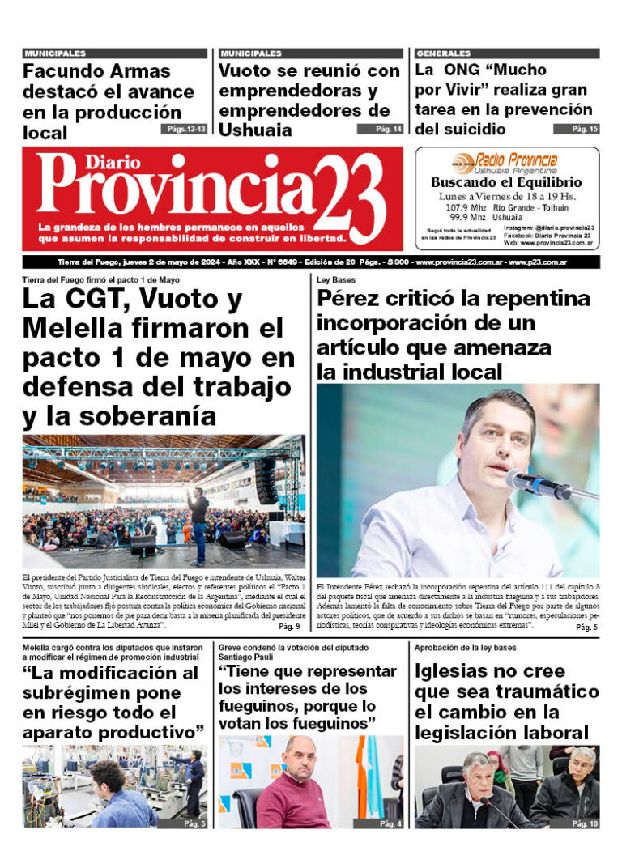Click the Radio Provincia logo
[x=506, y=161]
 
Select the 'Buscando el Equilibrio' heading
[x=506, y=183]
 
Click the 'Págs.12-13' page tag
[x=183, y=129]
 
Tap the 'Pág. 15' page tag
[x=576, y=129]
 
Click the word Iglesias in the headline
[x=459, y=671]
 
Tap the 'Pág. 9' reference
[x=289, y=626]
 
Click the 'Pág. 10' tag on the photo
[x=582, y=823]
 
